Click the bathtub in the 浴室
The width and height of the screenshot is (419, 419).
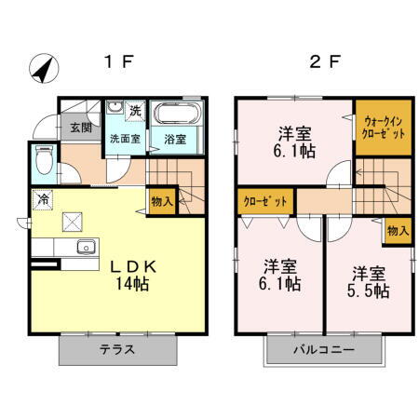[x=174, y=116]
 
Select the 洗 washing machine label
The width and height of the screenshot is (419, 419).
[x=135, y=111]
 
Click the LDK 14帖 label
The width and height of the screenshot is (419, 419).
[x=135, y=273]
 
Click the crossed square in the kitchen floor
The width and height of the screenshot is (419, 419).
[x=72, y=221]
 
